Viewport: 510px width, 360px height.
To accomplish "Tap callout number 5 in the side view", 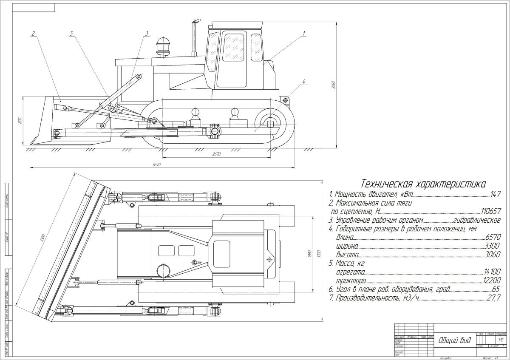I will click(x=72, y=33).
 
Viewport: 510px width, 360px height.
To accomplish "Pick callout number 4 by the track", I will click(x=304, y=81).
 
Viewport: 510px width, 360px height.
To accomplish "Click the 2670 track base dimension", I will click(x=217, y=154).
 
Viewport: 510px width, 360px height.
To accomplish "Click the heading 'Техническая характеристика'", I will click(x=422, y=184).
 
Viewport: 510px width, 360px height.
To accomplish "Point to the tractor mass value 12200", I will click(x=492, y=281).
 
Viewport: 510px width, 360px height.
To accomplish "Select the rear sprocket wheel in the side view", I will click(x=270, y=123).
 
